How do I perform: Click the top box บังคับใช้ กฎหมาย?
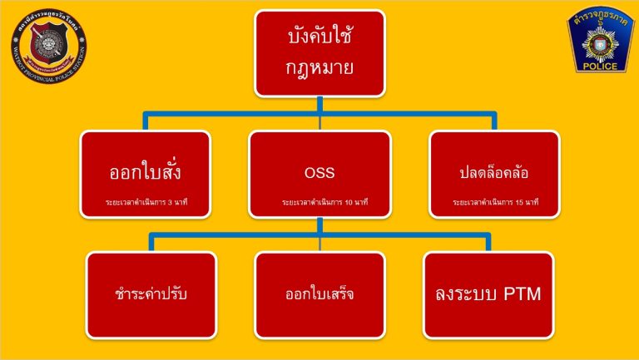click(319, 52)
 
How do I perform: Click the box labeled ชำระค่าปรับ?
click(151, 294)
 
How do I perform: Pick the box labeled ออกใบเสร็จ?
click(319, 294)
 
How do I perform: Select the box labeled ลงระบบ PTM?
click(488, 294)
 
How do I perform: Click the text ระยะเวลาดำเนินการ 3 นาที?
click(146, 202)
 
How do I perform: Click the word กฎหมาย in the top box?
click(319, 67)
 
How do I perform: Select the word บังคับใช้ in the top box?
click(319, 38)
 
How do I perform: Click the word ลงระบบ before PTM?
click(468, 294)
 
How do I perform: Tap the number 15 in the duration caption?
click(526, 202)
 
